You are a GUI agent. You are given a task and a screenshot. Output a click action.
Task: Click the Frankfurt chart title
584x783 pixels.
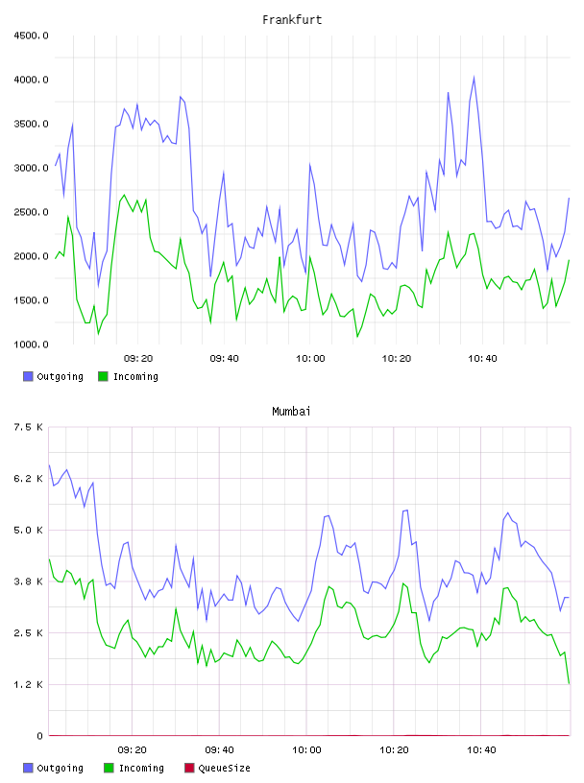point(292,20)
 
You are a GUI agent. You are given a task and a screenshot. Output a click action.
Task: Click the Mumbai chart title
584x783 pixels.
point(291,412)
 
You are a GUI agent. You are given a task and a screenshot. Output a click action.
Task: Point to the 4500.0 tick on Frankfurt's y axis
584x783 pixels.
point(31,36)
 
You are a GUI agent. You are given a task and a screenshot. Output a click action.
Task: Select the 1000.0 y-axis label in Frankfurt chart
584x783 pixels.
point(31,344)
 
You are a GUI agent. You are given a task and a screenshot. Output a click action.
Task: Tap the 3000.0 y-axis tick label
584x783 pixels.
point(31,168)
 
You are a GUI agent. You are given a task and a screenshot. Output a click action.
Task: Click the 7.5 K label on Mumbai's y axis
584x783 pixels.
point(29,427)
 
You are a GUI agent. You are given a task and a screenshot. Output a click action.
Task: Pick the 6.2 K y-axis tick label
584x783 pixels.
point(29,479)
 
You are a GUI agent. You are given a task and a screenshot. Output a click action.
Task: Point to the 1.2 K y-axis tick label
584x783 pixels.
point(29,684)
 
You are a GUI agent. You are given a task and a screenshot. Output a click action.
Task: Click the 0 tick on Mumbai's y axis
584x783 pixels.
point(39,736)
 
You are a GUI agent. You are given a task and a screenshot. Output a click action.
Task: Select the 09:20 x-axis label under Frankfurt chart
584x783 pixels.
point(138,359)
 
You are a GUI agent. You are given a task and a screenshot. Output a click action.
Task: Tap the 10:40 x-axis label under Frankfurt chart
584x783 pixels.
point(482,359)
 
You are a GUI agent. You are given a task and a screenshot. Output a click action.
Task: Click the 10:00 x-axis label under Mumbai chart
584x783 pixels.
point(306,750)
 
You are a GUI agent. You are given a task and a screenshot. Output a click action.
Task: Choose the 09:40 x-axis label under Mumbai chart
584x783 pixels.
point(220,750)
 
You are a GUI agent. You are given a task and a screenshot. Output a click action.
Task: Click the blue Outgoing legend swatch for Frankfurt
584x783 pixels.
point(28,376)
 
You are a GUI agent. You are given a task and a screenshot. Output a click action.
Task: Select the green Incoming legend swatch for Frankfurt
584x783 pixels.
point(103,376)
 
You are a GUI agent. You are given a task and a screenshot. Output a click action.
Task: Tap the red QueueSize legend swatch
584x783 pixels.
point(189,768)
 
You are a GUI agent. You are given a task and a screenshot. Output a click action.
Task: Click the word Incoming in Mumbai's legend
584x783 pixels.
point(141,768)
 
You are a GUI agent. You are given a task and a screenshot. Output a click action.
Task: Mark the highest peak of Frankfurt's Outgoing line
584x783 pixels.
point(474,77)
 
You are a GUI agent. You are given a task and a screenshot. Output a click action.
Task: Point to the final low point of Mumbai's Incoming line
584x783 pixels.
point(569,683)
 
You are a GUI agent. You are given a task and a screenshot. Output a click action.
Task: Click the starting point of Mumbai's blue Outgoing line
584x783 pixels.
point(49,464)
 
